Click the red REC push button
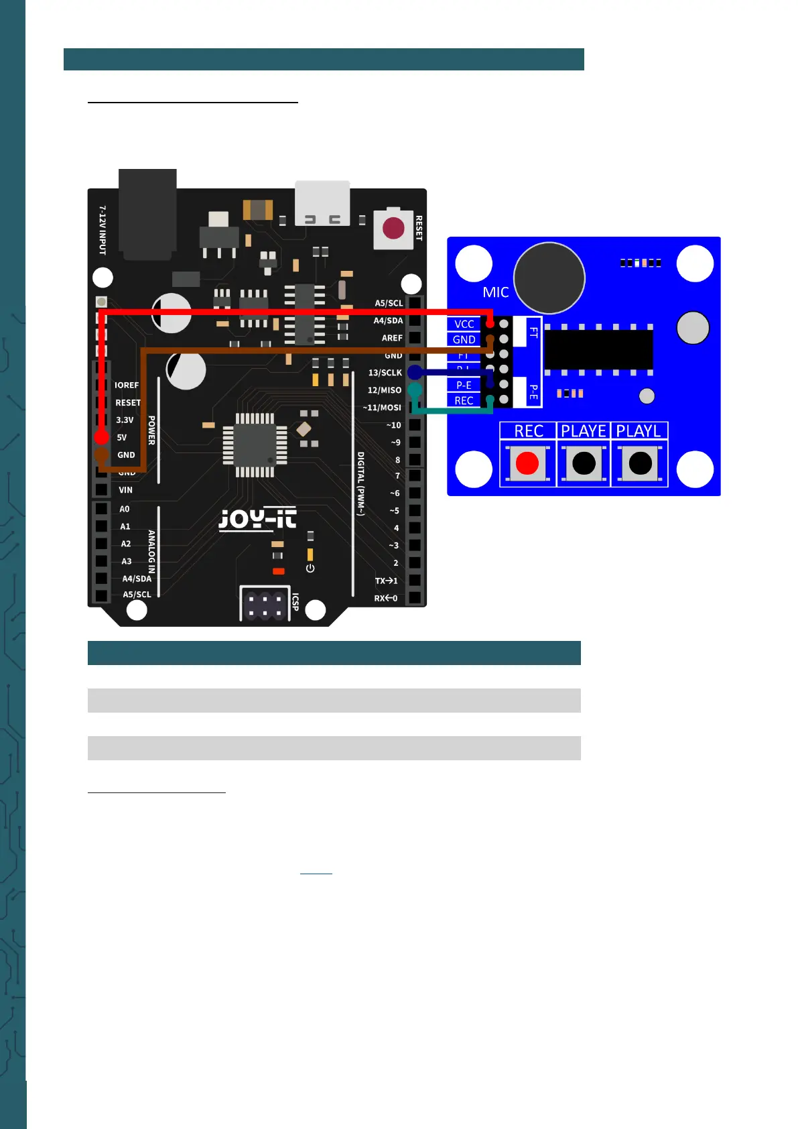pyautogui.click(x=527, y=463)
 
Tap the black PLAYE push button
pyautogui.click(x=584, y=463)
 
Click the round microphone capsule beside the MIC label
pyautogui.click(x=549, y=278)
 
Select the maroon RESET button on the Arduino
pyautogui.click(x=393, y=229)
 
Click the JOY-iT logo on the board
pyautogui.click(x=257, y=519)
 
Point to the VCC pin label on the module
pyautogui.click(x=464, y=324)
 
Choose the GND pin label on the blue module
pyautogui.click(x=464, y=339)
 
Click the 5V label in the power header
pyautogui.click(x=122, y=438)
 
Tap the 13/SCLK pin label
pyautogui.click(x=385, y=373)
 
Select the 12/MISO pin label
pyautogui.click(x=384, y=390)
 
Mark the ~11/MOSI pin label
pyautogui.click(x=382, y=408)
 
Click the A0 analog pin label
pyautogui.click(x=125, y=510)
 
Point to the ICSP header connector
pyautogui.click(x=264, y=605)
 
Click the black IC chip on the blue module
pyautogui.click(x=598, y=349)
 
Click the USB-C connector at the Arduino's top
pyautogui.click(x=322, y=203)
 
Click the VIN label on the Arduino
pyautogui.click(x=125, y=490)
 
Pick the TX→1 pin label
pyautogui.click(x=386, y=581)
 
